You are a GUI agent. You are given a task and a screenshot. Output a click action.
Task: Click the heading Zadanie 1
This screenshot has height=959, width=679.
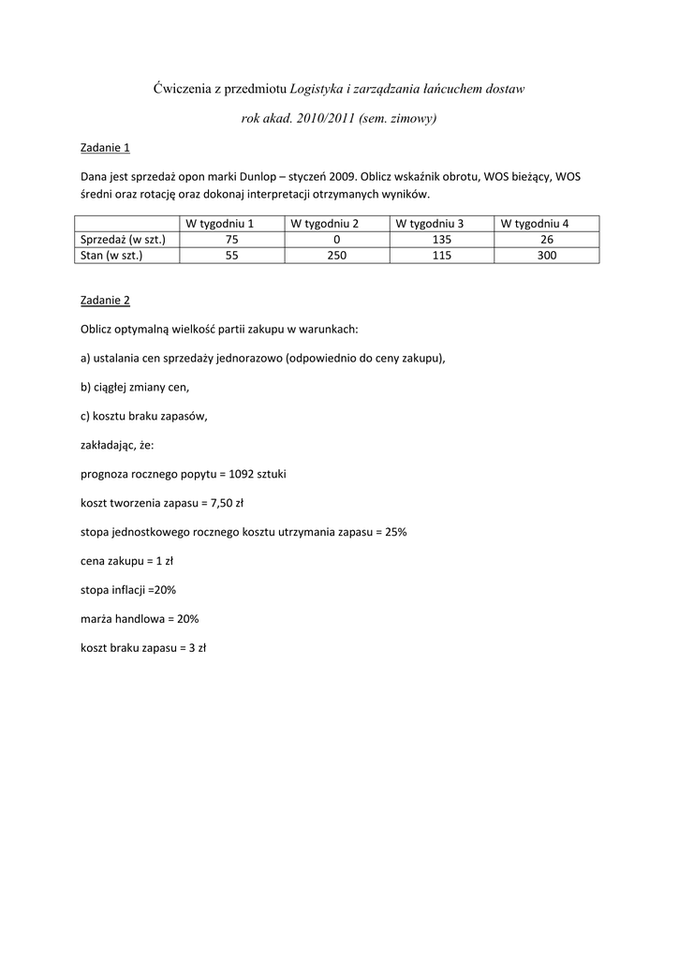click(105, 147)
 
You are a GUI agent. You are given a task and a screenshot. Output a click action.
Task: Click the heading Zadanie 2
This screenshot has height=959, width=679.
click(105, 300)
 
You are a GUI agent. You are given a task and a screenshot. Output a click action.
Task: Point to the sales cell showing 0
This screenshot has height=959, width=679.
click(337, 239)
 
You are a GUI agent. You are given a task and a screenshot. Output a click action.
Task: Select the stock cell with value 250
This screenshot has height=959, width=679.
click(337, 255)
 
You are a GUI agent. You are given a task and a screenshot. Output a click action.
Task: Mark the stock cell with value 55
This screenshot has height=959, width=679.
click(232, 255)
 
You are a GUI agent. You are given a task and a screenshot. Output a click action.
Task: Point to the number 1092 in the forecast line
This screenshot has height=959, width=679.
click(229, 474)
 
